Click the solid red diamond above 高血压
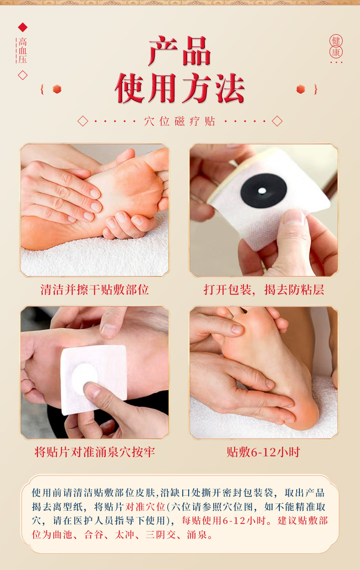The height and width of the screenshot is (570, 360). (x=23, y=27)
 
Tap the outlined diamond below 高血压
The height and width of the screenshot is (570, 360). (x=23, y=75)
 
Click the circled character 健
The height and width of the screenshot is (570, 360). (x=336, y=41)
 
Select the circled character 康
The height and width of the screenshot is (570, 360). (x=336, y=52)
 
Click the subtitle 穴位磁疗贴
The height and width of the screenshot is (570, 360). (x=180, y=121)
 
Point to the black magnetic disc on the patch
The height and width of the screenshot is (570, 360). (x=264, y=191)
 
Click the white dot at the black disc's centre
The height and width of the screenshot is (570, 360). (x=262, y=191)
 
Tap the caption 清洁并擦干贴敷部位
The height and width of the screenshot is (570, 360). (x=95, y=290)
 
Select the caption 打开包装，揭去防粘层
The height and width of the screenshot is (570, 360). (x=264, y=290)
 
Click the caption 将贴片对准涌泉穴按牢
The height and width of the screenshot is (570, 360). (x=95, y=452)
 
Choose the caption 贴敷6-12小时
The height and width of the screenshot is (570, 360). (x=263, y=452)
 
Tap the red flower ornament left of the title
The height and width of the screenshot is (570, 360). (x=57, y=89)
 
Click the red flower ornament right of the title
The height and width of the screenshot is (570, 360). (x=301, y=89)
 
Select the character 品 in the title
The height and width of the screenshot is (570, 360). (x=197, y=51)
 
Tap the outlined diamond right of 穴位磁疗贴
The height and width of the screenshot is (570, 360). (x=277, y=121)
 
